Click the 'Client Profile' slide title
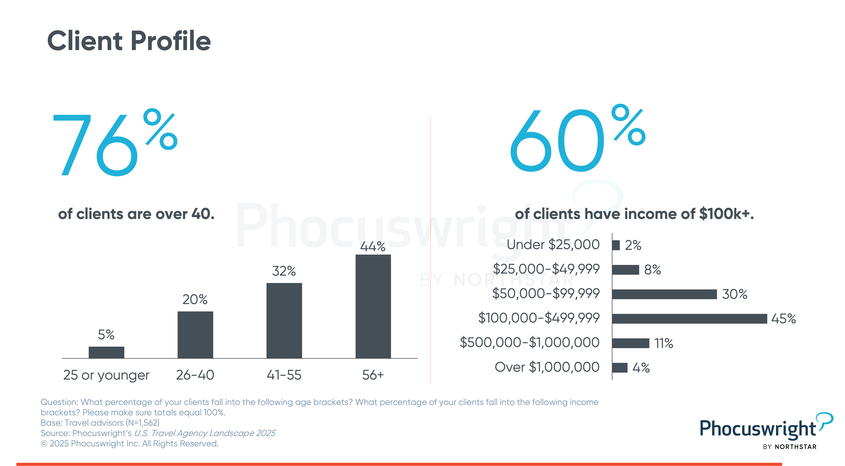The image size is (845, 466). click(x=129, y=41)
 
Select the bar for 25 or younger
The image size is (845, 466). click(x=106, y=352)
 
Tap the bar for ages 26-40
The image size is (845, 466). click(x=195, y=335)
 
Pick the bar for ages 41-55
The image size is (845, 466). click(x=284, y=320)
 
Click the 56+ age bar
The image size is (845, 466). click(x=373, y=306)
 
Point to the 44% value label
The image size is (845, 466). click(x=373, y=246)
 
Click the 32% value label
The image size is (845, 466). click(x=284, y=271)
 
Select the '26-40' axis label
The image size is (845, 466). click(x=195, y=375)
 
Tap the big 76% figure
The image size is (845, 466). click(x=115, y=143)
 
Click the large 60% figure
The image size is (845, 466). click(x=577, y=139)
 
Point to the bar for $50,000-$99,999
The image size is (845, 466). click(x=664, y=294)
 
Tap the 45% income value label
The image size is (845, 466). click(x=783, y=318)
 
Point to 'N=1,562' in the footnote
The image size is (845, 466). click(x=143, y=423)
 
